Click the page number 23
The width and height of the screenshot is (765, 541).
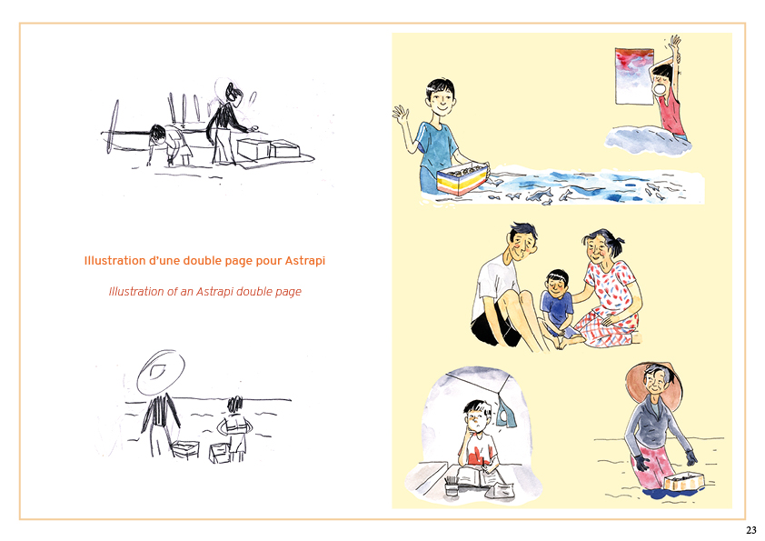750,530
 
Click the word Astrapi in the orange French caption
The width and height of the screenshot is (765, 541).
305,261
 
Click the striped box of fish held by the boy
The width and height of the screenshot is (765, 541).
462,178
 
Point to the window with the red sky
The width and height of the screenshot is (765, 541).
634,75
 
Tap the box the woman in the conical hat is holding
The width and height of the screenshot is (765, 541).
683,481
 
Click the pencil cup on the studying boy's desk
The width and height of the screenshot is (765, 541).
452,486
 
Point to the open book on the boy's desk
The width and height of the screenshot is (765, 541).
481,477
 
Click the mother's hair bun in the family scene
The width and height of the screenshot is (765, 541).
618,242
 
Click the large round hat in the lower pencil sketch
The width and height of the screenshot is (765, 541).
161,373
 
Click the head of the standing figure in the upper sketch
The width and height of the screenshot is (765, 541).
233,95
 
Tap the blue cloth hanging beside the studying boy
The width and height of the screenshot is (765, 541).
505,413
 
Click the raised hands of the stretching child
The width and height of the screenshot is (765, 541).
675,42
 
